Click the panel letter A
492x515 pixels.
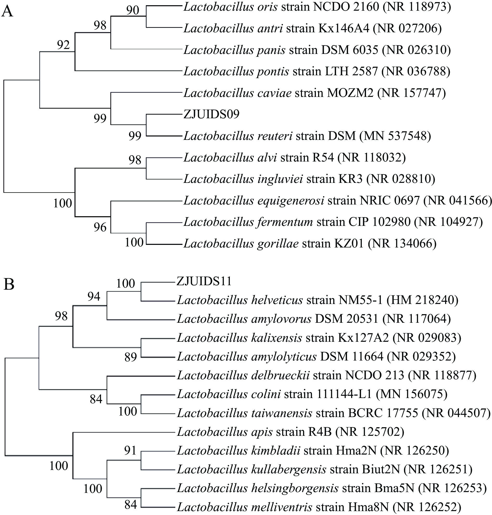coord(7,11)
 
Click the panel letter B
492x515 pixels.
coord(9,284)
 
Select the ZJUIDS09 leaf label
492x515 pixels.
coord(211,114)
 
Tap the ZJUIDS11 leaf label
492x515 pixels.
coord(204,281)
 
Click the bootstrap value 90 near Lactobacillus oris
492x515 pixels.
coord(133,10)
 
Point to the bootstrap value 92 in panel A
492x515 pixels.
coord(64,45)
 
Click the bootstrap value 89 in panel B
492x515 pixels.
coord(131,357)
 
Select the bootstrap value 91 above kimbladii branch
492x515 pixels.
coord(130,450)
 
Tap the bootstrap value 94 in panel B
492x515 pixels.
coord(94,297)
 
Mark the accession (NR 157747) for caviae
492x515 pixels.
coord(412,93)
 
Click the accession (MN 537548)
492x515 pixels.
coord(395,136)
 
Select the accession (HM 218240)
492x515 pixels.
coord(422,300)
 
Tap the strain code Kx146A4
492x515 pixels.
coord(344,28)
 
